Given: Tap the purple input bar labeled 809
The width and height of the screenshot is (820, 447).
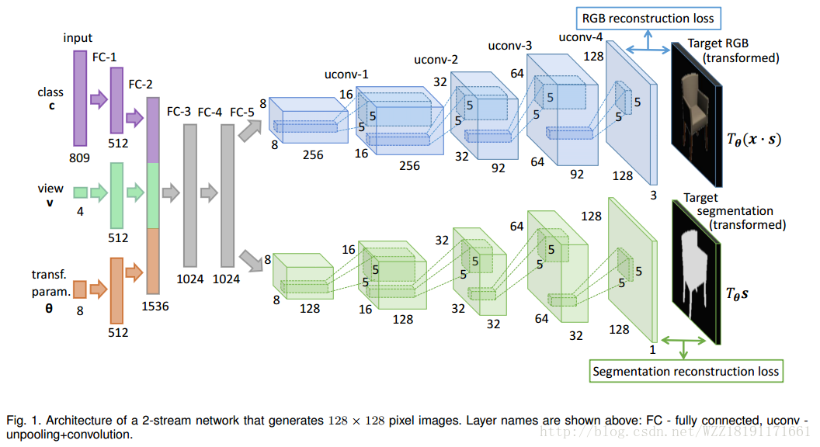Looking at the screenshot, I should [x=80, y=98].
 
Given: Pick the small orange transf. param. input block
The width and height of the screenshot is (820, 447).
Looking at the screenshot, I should [x=80, y=289].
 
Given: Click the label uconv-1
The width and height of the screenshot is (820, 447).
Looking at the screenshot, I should [x=346, y=74].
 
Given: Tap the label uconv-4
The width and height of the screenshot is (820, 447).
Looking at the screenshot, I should [x=580, y=36].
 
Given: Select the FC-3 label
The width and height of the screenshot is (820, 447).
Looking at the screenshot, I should [x=179, y=112].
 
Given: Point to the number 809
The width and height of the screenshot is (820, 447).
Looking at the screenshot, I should [x=79, y=158].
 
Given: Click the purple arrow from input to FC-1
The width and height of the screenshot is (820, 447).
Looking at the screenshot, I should [x=98, y=99].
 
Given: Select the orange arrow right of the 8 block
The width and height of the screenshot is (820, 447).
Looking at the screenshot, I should [x=98, y=289].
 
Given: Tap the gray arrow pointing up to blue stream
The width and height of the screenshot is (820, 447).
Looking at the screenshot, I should [x=249, y=130].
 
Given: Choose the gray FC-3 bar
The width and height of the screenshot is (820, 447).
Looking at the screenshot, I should [x=191, y=195].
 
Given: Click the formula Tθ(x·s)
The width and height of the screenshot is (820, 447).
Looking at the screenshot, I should [x=753, y=140].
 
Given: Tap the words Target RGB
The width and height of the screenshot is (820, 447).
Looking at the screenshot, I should [x=717, y=44].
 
